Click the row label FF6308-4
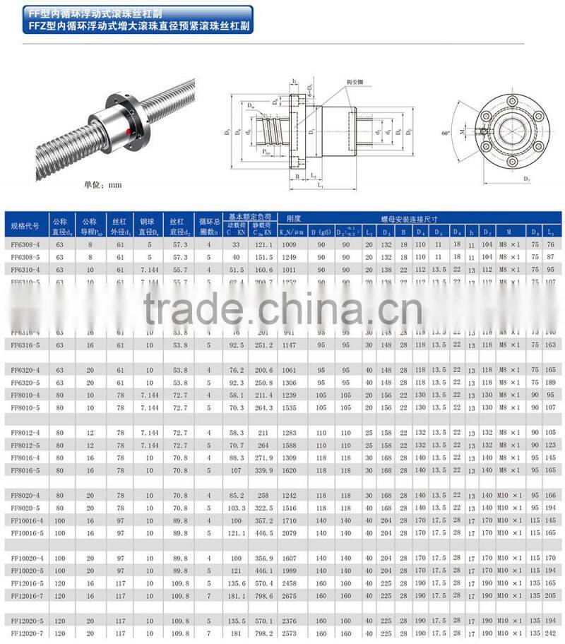coord(25,244)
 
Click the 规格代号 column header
coord(25,225)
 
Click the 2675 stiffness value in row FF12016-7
coord(290,595)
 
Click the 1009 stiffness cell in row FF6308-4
coord(290,244)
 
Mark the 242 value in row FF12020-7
coord(550,633)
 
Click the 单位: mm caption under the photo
coord(103,185)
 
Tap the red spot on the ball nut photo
coord(128,131)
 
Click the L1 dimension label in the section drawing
coord(321,185)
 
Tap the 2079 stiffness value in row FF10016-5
coord(290,532)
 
